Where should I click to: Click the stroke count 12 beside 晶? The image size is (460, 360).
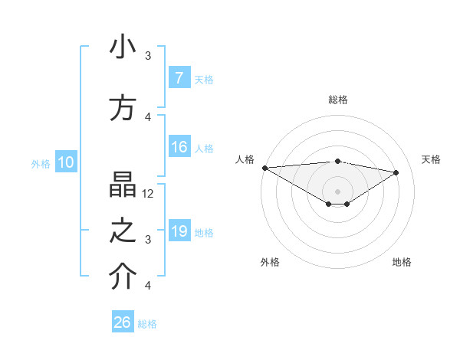pyautogui.click(x=149, y=194)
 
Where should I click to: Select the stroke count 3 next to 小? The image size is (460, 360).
pyautogui.click(x=148, y=56)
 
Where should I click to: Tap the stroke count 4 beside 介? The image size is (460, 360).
pyautogui.click(x=148, y=286)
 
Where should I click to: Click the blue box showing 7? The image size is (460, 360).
pyautogui.click(x=179, y=78)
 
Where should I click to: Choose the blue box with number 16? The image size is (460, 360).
pyautogui.click(x=179, y=147)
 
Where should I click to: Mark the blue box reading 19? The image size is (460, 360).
pyautogui.click(x=179, y=231)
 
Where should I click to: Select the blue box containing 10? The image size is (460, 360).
pyautogui.click(x=65, y=162)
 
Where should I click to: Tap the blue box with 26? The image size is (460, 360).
pyautogui.click(x=123, y=322)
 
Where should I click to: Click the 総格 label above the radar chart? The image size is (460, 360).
pyautogui.click(x=338, y=100)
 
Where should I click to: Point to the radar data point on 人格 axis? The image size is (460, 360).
pyautogui.click(x=264, y=168)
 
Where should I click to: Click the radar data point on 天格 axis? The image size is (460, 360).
pyautogui.click(x=396, y=172)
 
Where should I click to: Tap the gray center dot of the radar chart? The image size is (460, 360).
pyautogui.click(x=337, y=190)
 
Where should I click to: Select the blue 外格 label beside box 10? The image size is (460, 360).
pyautogui.click(x=41, y=163)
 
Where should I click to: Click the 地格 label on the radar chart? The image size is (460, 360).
pyautogui.click(x=402, y=262)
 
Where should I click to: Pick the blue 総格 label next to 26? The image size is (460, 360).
pyautogui.click(x=147, y=324)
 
